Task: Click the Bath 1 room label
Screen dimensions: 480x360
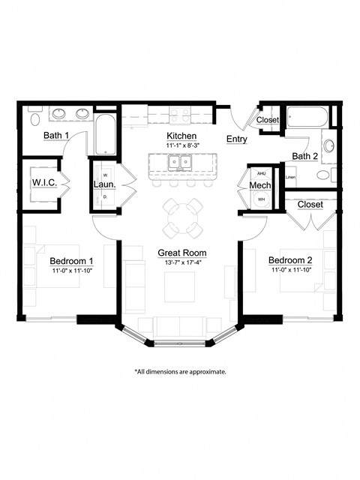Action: (56, 136)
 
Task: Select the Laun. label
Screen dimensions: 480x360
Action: (103, 184)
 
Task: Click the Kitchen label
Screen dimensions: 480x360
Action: (181, 136)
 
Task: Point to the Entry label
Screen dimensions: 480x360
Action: (237, 139)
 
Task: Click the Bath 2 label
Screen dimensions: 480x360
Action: (305, 156)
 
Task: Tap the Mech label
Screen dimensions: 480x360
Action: (259, 185)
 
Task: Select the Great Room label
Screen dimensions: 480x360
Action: (181, 253)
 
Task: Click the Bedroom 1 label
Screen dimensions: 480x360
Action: (72, 261)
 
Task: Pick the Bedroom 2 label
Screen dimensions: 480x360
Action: (292, 261)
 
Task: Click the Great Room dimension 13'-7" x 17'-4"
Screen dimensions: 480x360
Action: (181, 262)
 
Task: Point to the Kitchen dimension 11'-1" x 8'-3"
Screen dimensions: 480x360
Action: (181, 145)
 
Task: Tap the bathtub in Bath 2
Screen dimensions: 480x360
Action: (307, 117)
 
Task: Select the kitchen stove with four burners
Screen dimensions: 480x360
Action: (180, 115)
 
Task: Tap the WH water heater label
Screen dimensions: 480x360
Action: (262, 199)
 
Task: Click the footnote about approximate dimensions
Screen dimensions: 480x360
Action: (180, 371)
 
